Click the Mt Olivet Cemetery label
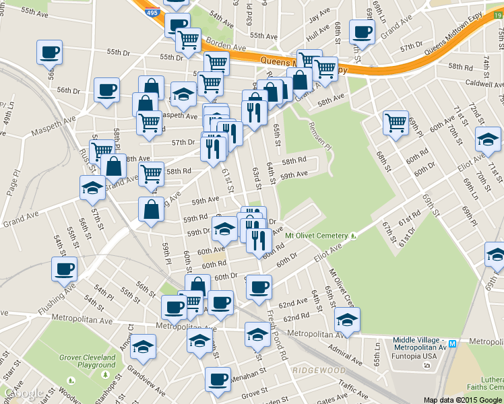(x=316, y=236)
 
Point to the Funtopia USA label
(x=417, y=356)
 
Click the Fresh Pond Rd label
(x=277, y=333)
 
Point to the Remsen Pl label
(x=321, y=131)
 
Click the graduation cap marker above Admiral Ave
(x=346, y=318)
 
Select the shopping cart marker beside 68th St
(x=395, y=123)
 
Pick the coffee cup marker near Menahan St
(x=217, y=378)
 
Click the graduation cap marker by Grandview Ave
(x=142, y=347)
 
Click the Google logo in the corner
(x=24, y=394)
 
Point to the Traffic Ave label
(x=353, y=386)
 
